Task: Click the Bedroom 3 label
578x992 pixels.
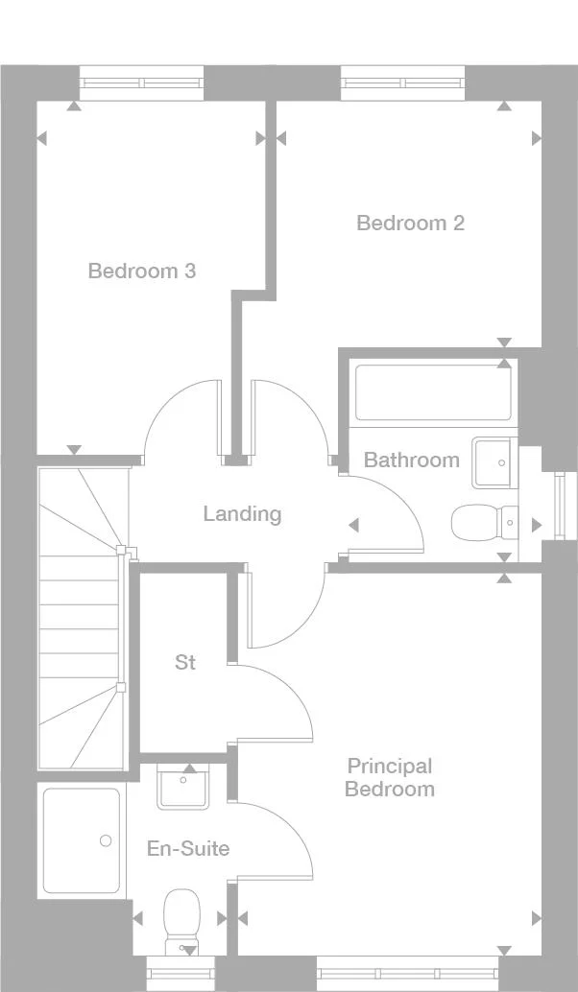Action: (141, 272)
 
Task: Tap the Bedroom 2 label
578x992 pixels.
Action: (410, 223)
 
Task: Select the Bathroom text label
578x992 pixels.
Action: (411, 460)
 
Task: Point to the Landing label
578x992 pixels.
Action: (242, 513)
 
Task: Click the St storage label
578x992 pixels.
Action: (185, 662)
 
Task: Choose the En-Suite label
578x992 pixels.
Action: (188, 848)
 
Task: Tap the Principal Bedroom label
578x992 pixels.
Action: (390, 777)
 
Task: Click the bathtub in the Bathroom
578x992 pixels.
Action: (432, 392)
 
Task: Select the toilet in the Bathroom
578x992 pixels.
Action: (483, 523)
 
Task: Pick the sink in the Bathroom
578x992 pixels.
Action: (494, 461)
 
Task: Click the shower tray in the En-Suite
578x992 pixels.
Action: (82, 840)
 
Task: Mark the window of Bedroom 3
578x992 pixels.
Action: (142, 83)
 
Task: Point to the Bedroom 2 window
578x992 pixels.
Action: (403, 83)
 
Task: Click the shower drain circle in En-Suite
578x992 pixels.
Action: (105, 841)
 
